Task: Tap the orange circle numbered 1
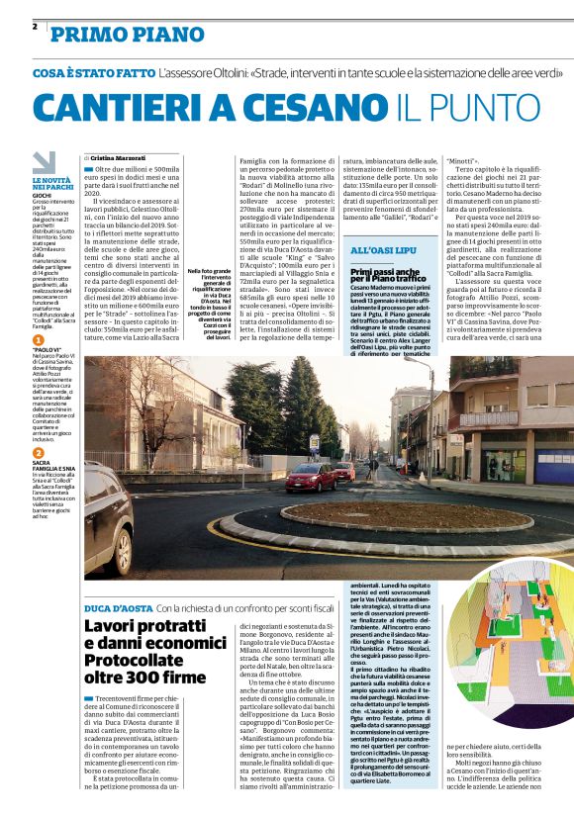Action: click(38, 339)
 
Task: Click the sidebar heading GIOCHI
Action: click(43, 197)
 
